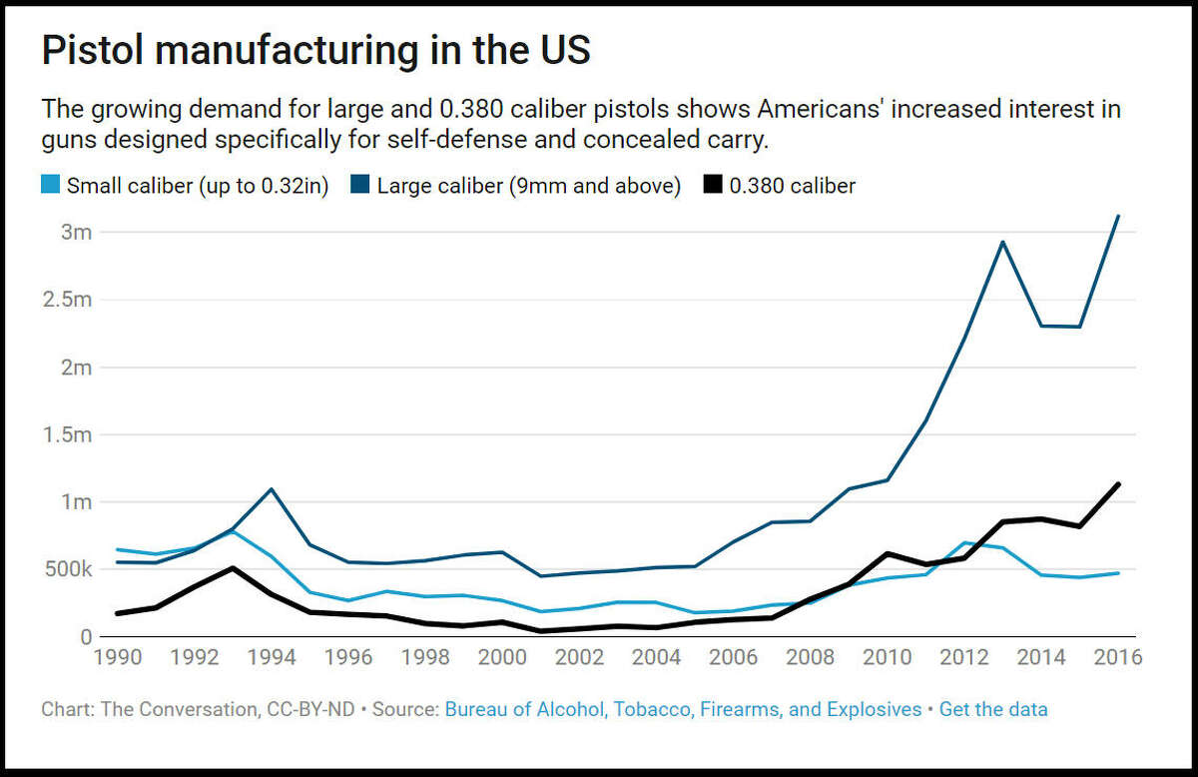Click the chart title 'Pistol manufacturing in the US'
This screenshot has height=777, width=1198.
(315, 51)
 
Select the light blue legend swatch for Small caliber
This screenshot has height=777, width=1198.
(51, 186)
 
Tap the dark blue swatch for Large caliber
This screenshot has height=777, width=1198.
(360, 186)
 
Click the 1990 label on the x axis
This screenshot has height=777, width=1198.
(119, 658)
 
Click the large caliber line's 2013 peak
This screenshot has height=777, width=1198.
(1002, 242)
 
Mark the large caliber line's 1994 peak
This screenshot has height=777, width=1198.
(273, 489)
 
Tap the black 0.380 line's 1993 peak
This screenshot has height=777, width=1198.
(234, 568)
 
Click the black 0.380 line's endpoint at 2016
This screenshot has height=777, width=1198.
(1118, 484)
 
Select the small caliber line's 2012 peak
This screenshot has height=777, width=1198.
(964, 543)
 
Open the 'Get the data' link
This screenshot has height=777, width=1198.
(992, 709)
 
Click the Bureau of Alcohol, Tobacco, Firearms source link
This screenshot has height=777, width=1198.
(683, 709)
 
